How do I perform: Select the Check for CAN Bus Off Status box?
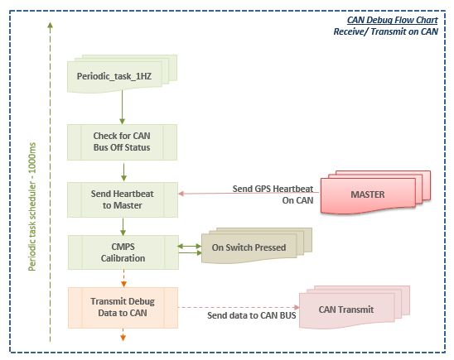point(122,142)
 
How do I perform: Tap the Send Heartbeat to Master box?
point(123,199)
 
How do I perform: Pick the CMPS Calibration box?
point(123,252)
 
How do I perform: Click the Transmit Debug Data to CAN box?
point(123,307)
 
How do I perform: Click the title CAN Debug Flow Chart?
point(393,20)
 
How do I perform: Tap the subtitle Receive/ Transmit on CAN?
point(386,31)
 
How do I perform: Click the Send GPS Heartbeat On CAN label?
point(273,194)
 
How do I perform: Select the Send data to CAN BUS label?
point(252,315)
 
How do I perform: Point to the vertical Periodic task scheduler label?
point(32,206)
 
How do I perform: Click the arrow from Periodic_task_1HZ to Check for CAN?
point(122,107)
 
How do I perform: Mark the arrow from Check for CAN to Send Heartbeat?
point(123,172)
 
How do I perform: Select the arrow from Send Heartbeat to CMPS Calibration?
point(123,227)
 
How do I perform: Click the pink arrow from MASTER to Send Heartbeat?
point(249,193)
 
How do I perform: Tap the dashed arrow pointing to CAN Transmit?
point(239,307)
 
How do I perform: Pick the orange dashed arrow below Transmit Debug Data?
point(123,334)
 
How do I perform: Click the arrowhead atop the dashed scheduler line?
point(50,25)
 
